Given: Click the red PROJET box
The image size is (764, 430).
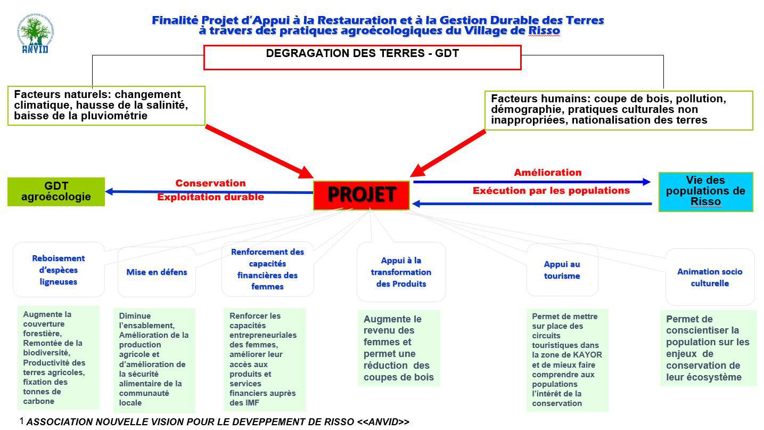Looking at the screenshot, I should coord(362,195).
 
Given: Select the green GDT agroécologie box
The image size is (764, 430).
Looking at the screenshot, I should coord(56,191).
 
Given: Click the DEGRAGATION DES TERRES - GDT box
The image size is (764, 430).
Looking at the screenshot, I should coord(362,57).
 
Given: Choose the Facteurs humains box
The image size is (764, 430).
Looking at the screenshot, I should coord(619,110).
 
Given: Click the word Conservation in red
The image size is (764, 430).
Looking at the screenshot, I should coord(210,183).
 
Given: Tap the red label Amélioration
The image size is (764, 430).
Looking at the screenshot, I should coord(547,173).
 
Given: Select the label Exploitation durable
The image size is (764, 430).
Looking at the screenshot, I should coord(210,197).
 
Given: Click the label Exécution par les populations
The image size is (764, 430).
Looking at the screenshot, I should coord(551,190).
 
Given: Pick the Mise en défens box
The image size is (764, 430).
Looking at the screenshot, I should coord(157,272).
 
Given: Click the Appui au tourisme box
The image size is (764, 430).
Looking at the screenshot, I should coord(562,270).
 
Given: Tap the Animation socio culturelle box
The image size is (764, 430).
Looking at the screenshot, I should coord(709,278).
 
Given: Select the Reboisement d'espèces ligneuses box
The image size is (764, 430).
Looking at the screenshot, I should coord(59,270).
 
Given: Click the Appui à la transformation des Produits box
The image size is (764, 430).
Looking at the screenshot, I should coord(401,272).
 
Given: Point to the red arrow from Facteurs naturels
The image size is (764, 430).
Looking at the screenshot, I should coord(259,151).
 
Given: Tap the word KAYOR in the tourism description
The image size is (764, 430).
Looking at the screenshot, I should coord(588,355).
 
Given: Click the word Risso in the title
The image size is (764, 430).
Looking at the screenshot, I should coord(544,31).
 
